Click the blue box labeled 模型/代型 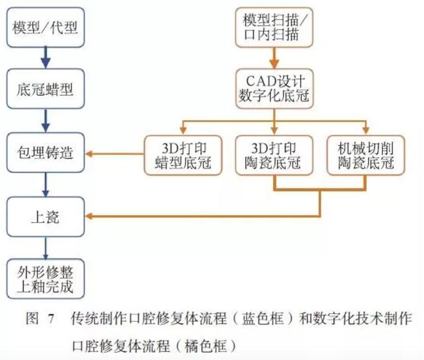coord(45,29)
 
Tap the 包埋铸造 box coord(45,154)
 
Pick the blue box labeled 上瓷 coord(45,216)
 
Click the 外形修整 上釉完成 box coord(45,279)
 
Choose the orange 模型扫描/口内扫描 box coord(274,27)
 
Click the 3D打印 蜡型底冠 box coord(183,154)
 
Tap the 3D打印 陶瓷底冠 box coord(273,154)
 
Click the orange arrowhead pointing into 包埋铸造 coord(93,155)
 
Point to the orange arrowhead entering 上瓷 coord(93,216)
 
